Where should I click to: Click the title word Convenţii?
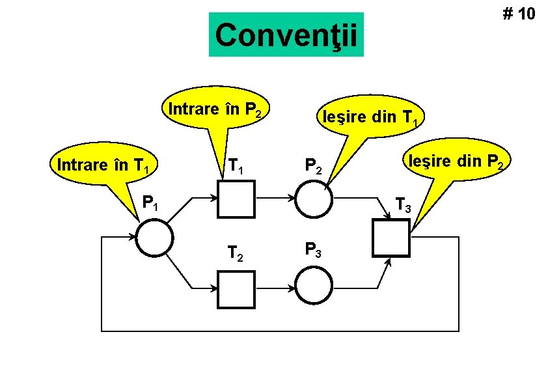click(x=286, y=35)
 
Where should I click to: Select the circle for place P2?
click(x=314, y=198)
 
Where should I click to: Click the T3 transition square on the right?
click(x=390, y=238)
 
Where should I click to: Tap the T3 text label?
click(x=403, y=207)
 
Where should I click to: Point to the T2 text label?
click(x=236, y=253)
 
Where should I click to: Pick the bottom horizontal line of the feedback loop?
click(x=280, y=331)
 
